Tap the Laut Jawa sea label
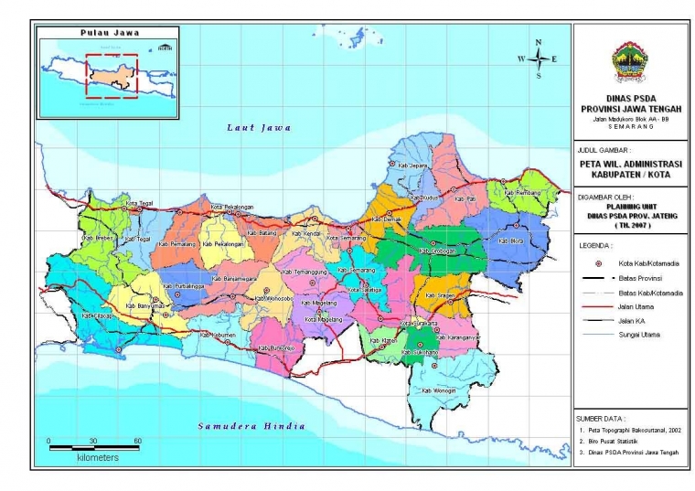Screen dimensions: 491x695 [259, 128]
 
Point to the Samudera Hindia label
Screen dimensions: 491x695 [251, 426]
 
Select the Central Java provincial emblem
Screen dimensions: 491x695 [629, 61]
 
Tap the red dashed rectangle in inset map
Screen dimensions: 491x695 [112, 75]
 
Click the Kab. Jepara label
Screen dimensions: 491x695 [413, 166]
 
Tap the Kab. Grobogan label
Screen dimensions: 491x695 [437, 251]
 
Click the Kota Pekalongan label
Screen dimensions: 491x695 [231, 208]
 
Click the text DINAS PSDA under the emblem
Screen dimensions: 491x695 [629, 98]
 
